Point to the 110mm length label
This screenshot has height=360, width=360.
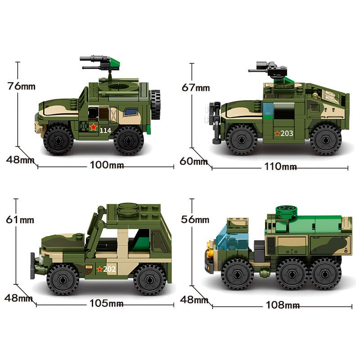point(280,167)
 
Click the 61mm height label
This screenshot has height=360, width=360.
point(21,220)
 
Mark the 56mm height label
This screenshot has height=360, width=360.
point(195,220)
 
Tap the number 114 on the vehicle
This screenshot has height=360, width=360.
point(105,130)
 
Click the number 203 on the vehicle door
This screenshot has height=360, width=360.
point(287,133)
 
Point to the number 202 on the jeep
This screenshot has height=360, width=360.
point(110,269)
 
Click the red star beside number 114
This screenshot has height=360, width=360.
point(93,128)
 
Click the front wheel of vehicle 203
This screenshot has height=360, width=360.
point(241,139)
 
